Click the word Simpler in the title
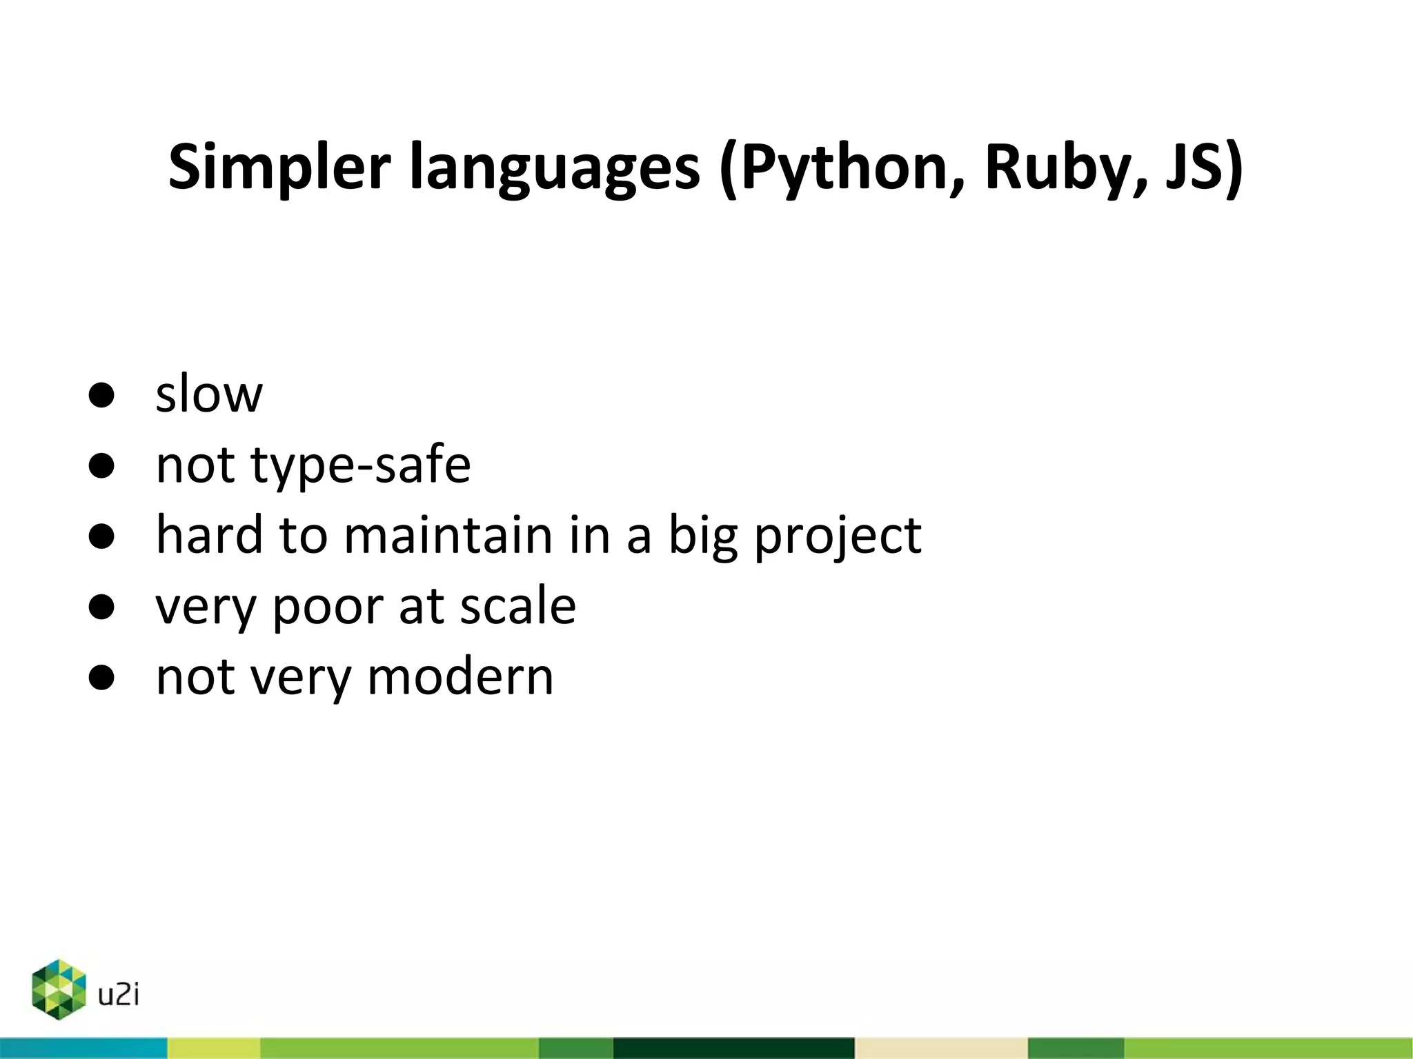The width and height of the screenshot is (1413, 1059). click(x=279, y=168)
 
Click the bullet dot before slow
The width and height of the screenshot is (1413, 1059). click(x=101, y=395)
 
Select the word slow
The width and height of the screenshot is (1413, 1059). click(x=209, y=394)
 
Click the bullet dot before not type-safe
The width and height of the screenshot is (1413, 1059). click(x=101, y=466)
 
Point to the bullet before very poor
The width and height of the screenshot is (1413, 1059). click(x=101, y=607)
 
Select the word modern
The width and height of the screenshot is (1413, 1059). click(x=460, y=677)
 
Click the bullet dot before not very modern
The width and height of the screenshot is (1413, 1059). click(x=101, y=678)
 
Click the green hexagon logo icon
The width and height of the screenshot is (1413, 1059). click(x=59, y=989)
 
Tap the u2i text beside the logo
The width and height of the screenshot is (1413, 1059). click(x=119, y=994)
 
